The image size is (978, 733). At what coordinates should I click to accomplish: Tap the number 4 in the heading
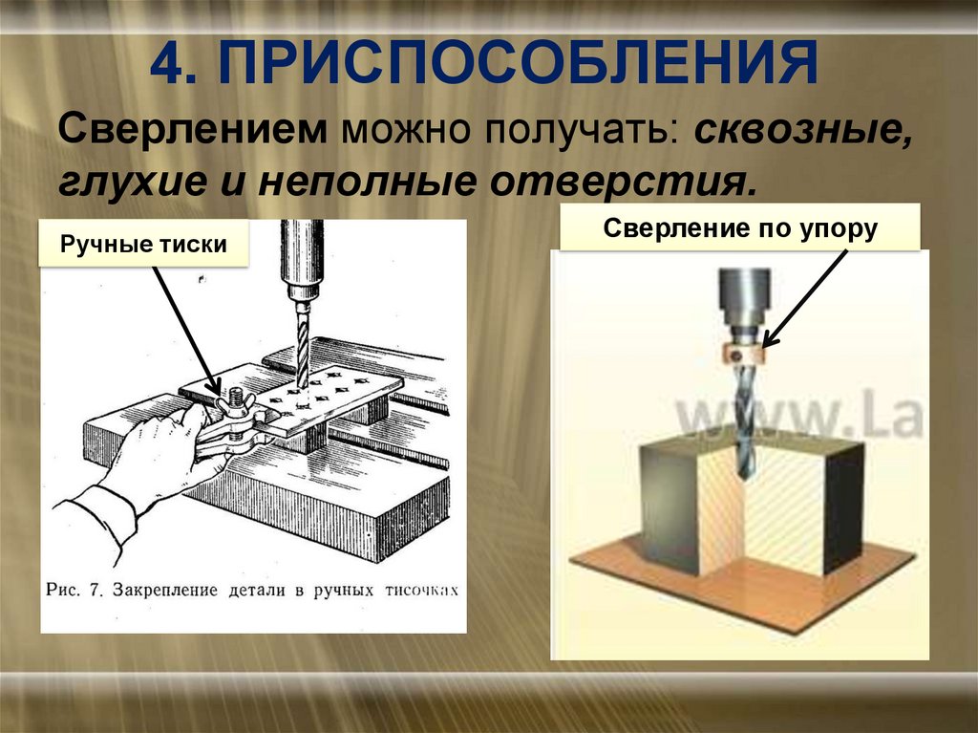tap(173, 62)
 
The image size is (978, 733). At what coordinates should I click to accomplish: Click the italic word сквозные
tap(802, 129)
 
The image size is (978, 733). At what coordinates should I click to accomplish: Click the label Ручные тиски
tap(143, 245)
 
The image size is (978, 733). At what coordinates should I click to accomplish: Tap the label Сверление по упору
tap(739, 230)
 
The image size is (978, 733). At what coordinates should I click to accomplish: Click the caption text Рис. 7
tap(74, 590)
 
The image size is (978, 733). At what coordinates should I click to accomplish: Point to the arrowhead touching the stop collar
tap(768, 342)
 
